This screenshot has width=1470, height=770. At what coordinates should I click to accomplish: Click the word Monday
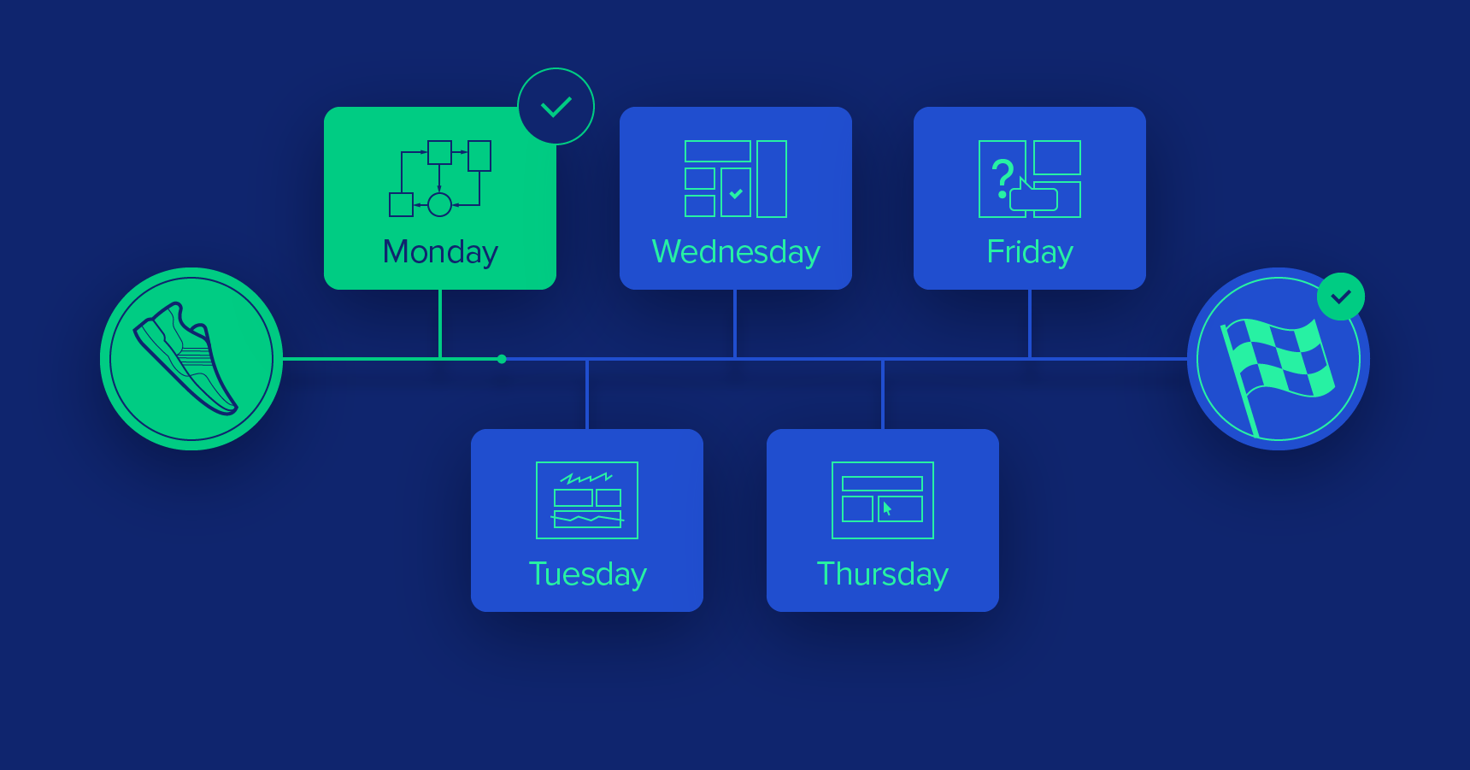pos(440,252)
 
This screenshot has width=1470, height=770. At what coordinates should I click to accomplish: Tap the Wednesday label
pos(736,252)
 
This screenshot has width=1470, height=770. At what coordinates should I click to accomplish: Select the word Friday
pos(1030,252)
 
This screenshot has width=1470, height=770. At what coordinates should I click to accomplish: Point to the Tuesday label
pos(587,574)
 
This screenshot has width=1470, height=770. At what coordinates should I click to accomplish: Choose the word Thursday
pos(883,574)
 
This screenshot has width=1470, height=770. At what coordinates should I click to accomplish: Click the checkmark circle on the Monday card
pos(556,107)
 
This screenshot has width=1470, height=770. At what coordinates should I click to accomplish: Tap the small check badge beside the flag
pos(1341,297)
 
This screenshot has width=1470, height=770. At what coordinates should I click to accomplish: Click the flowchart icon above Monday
pos(440,179)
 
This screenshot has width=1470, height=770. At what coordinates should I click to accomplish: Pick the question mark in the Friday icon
pos(1003,178)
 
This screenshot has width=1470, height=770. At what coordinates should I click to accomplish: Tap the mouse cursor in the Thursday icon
pos(887,508)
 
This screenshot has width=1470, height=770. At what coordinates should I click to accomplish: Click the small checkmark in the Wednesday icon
pos(736,194)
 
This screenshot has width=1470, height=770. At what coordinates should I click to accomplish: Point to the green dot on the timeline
pos(502,359)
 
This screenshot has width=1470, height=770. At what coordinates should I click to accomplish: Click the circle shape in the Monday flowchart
pos(439,205)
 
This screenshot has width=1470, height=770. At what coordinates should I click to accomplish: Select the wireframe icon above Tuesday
pos(587,500)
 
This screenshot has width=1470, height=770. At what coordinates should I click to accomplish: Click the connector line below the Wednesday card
pos(735,324)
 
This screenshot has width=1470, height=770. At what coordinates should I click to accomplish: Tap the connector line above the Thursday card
pos(883,394)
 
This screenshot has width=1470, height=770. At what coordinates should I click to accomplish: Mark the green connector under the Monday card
pos(440,324)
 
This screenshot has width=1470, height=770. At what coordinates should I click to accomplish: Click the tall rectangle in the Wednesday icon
pos(772,179)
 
